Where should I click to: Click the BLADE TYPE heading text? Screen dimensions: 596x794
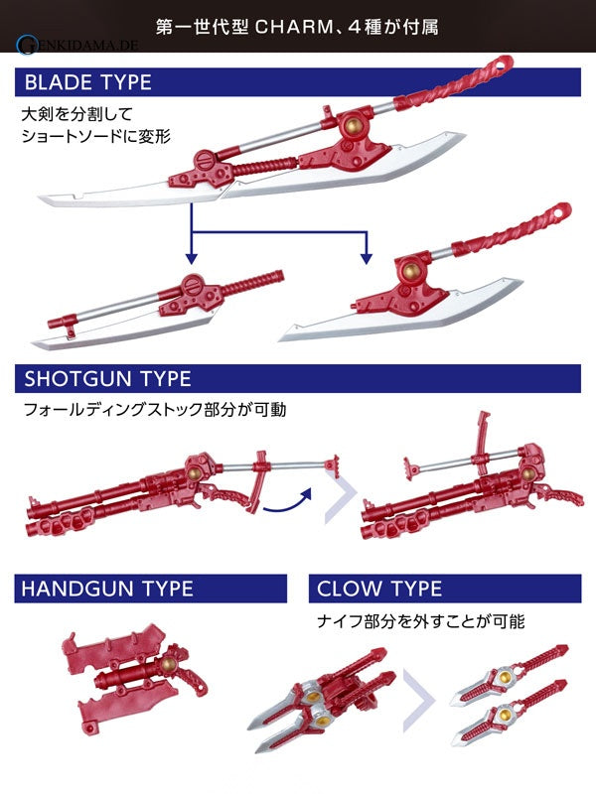(x=88, y=82)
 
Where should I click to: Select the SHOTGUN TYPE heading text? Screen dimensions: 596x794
(x=108, y=379)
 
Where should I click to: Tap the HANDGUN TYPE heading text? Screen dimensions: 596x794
(x=107, y=589)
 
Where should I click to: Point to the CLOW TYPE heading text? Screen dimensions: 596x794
(x=379, y=589)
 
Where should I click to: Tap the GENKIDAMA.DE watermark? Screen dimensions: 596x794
(x=77, y=45)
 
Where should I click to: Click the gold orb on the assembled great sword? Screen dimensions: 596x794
(x=354, y=125)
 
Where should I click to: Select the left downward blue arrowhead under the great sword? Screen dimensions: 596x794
(x=191, y=259)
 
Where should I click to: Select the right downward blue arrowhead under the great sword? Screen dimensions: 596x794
(x=366, y=259)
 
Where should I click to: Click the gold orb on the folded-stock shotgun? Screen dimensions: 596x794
(x=528, y=474)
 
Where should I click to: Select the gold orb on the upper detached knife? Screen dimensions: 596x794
(x=505, y=677)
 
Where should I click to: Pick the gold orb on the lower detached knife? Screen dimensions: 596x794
(x=505, y=715)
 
